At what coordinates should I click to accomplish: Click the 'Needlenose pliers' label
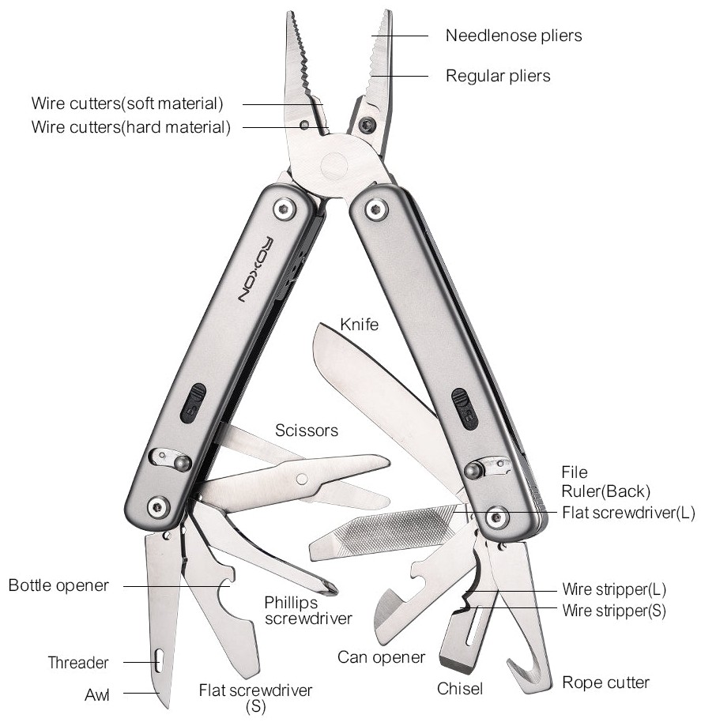[x=514, y=36]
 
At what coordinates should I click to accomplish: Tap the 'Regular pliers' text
[x=498, y=77]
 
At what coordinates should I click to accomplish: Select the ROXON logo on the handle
[x=252, y=269]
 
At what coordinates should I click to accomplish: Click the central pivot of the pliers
[x=334, y=165]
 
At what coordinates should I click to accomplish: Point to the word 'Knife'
[x=358, y=324]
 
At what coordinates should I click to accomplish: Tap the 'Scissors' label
[x=307, y=431]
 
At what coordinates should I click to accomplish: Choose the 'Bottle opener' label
[x=58, y=586]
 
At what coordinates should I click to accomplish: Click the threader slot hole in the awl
[x=158, y=660]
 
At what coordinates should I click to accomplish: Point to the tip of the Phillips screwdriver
[x=333, y=589]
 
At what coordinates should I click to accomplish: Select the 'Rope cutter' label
[x=605, y=682]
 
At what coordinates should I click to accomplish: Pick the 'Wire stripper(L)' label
[x=614, y=589]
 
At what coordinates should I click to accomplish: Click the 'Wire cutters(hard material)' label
[x=130, y=127]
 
